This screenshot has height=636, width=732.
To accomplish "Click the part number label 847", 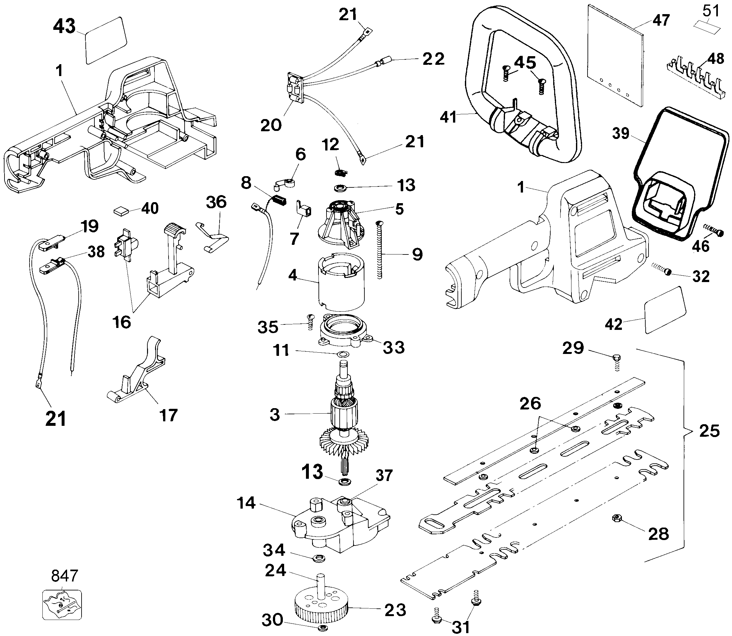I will pos(64,576).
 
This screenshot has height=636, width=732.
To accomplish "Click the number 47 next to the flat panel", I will pos(661,20).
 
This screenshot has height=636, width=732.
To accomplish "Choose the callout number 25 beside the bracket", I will pos(709,431).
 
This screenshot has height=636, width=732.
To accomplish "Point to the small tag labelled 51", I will pos(707,26).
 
